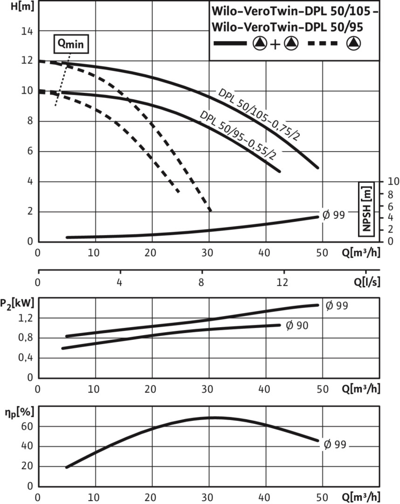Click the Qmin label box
tap(71, 44)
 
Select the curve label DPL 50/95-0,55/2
tap(238, 135)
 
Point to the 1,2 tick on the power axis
tap(26, 318)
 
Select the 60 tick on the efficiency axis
tap(27, 427)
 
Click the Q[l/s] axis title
tap(366, 282)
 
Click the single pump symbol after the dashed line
tap(354, 43)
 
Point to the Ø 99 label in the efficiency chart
tap(335, 444)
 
